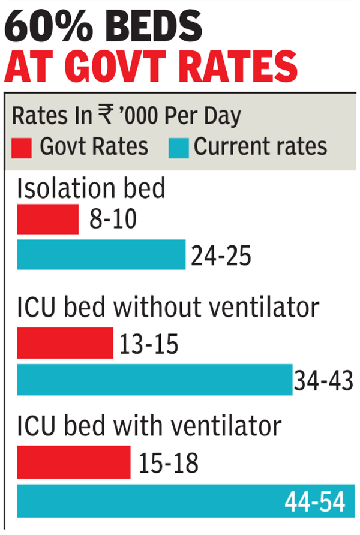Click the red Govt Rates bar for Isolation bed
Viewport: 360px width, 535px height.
coord(48,219)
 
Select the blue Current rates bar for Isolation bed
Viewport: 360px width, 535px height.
coord(101,254)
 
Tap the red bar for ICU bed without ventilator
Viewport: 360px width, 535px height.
coord(65,342)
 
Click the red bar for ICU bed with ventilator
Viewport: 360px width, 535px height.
coord(74,462)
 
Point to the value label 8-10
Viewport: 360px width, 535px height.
coord(112,221)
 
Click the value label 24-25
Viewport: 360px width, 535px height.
coord(220,256)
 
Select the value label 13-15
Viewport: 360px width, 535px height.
coord(149,344)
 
